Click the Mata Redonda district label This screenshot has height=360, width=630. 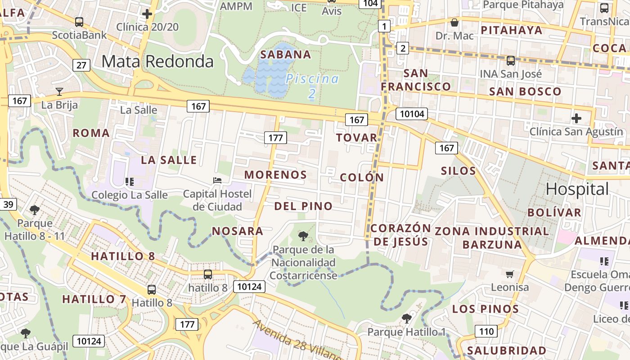[157, 61]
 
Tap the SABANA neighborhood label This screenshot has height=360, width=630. [286, 54]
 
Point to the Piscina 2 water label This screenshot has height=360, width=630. [312, 85]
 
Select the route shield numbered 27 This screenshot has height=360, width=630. [81, 65]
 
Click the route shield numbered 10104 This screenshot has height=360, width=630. [412, 114]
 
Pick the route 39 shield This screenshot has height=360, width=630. [9, 205]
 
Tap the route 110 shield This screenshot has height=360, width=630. [486, 332]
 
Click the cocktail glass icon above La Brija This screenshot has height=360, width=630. [59, 92]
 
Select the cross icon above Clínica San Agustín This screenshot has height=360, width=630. [576, 118]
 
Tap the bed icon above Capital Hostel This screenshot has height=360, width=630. [217, 180]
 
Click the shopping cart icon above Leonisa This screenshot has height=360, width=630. [509, 274]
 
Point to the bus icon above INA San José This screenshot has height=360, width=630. [510, 60]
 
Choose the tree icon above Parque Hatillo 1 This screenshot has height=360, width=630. [406, 319]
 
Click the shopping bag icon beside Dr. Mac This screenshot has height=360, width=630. [454, 22]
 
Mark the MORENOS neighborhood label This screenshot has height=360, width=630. [275, 175]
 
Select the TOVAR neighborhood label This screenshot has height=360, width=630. [356, 138]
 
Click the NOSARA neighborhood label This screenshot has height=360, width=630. [238, 231]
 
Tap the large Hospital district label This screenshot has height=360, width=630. [577, 189]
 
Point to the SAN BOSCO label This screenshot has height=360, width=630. [525, 91]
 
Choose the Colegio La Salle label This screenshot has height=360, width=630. [130, 195]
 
